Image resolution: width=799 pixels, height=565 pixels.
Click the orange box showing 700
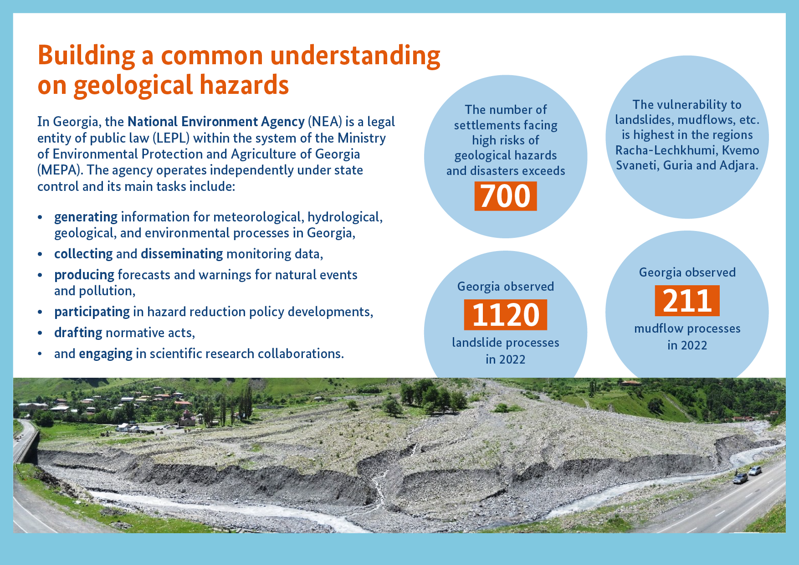(x=506, y=196)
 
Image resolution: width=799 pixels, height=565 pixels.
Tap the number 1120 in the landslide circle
(x=506, y=315)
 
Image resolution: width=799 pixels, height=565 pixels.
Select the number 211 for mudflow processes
(x=687, y=301)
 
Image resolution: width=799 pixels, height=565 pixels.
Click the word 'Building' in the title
(x=86, y=56)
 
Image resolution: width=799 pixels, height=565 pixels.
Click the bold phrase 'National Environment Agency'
(x=216, y=122)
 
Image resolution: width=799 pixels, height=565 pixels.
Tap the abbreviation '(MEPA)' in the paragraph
(x=60, y=170)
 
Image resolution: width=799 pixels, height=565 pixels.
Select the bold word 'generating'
(x=86, y=217)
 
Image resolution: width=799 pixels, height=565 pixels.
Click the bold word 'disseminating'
(x=182, y=254)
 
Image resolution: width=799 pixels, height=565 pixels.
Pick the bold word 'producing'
(x=84, y=275)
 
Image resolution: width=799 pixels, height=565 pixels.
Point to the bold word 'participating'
(x=92, y=312)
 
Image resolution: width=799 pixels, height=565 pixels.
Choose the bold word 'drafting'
(x=78, y=333)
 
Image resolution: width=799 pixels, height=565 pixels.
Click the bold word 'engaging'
(x=106, y=354)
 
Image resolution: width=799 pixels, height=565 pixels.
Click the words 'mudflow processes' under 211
(x=687, y=329)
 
